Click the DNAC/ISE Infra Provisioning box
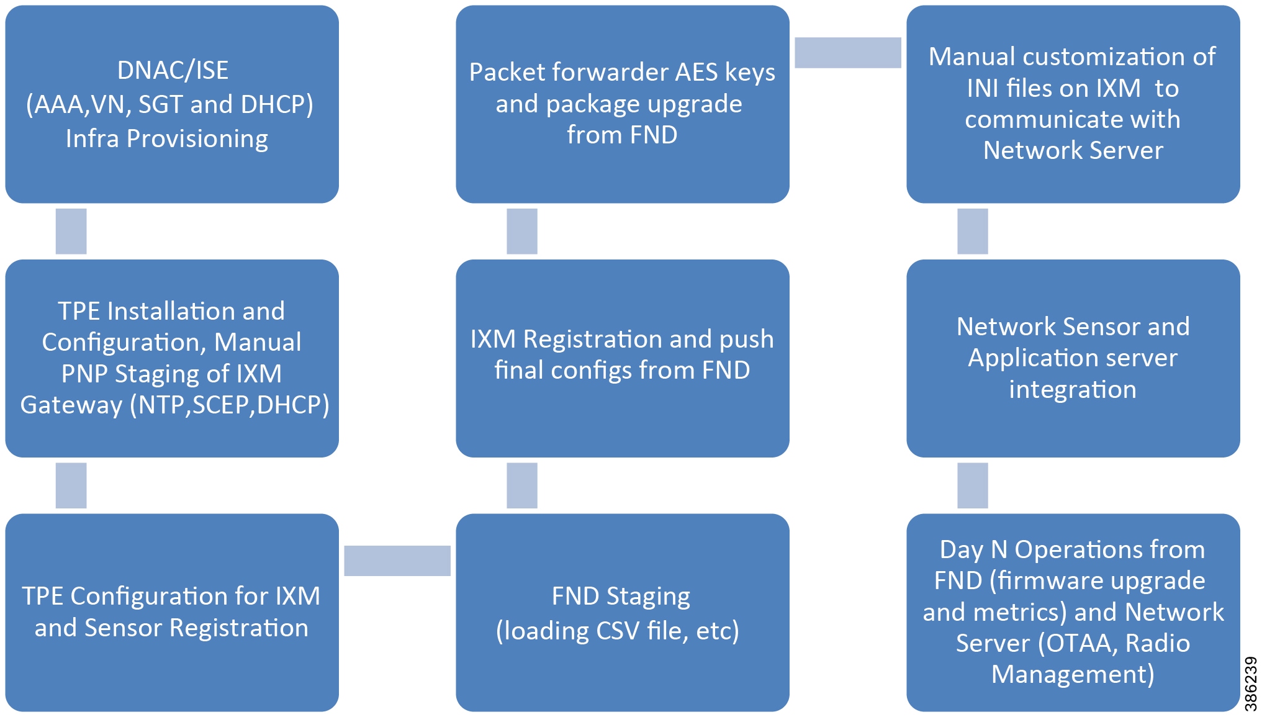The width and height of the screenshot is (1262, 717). pyautogui.click(x=172, y=104)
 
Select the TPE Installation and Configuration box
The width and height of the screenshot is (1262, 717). pyautogui.click(x=172, y=358)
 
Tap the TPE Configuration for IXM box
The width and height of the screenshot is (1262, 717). pyautogui.click(x=172, y=612)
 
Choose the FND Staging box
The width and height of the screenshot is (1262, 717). pyautogui.click(x=622, y=612)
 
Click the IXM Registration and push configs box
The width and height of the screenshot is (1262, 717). pyautogui.click(x=622, y=358)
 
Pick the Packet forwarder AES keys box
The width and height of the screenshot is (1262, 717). pyautogui.click(x=622, y=104)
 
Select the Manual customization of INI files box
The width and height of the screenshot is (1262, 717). pyautogui.click(x=1073, y=104)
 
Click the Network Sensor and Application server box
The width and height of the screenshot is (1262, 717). pyautogui.click(x=1073, y=358)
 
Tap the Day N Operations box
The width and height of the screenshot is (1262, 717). pyautogui.click(x=1073, y=612)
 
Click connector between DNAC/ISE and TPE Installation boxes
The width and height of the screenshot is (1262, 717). pyautogui.click(x=71, y=231)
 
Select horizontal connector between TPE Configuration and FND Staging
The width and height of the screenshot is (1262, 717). pyautogui.click(x=397, y=561)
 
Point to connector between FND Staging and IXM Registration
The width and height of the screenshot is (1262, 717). pyautogui.click(x=521, y=485)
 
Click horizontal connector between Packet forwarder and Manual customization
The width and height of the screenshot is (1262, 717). pyautogui.click(x=847, y=52)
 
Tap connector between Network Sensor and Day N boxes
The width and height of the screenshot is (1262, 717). pyautogui.click(x=972, y=485)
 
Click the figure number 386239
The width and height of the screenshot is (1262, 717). pyautogui.click(x=1251, y=683)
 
